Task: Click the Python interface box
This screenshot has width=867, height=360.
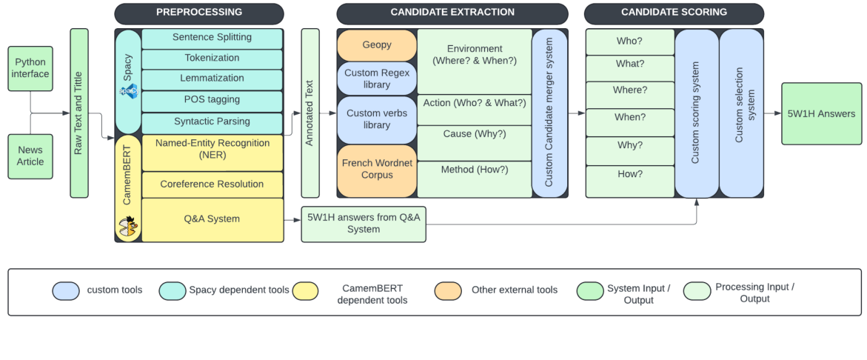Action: coord(30,68)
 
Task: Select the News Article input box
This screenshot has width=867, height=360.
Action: coord(30,156)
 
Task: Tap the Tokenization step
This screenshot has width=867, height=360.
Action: coord(212,59)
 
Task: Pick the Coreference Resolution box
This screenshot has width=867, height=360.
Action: coord(212,184)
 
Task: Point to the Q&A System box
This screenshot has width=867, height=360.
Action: coord(212,219)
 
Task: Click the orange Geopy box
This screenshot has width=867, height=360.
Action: coord(377,45)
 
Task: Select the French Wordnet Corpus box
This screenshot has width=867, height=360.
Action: coord(377,170)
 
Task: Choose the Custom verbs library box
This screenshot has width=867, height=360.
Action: coord(377,119)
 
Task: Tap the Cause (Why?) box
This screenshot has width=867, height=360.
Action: coord(475,134)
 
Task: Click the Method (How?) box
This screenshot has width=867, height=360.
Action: coord(475,170)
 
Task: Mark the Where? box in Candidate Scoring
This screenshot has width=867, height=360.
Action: coord(629,90)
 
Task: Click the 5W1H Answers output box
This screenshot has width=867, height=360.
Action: coord(822,114)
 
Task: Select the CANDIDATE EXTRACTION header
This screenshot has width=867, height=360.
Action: coord(452,13)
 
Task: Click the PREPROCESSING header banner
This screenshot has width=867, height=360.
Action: coord(199,13)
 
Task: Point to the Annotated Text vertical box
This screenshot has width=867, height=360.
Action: coord(310,113)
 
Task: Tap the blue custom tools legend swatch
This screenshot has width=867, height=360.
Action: coord(66,290)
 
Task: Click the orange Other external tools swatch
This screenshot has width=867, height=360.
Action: coord(449,290)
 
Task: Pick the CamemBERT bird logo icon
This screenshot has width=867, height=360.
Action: coord(129,226)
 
